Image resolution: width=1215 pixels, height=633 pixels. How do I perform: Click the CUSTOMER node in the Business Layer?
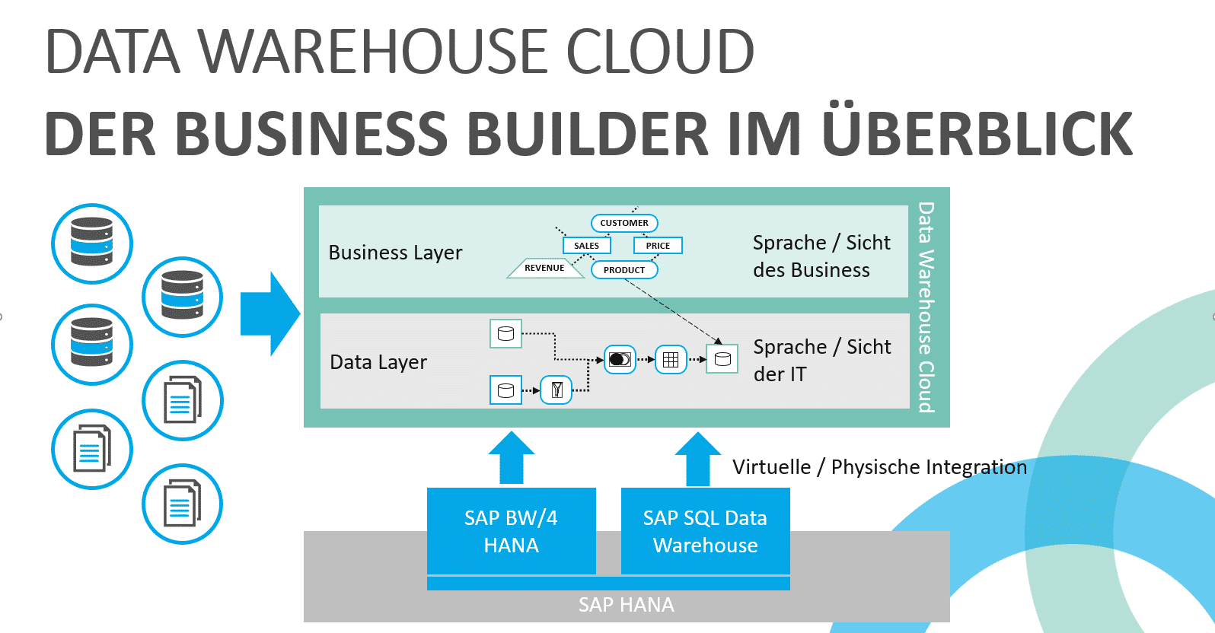tap(624, 223)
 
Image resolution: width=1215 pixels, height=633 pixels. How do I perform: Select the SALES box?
tap(586, 246)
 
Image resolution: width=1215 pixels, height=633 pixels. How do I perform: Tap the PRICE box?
tap(658, 246)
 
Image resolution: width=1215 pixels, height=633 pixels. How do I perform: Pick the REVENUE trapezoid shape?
tap(544, 268)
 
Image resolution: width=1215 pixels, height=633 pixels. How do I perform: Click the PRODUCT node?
tap(624, 270)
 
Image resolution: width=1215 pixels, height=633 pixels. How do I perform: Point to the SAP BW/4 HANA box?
tap(511, 531)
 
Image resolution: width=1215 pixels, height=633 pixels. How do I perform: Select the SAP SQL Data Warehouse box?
tap(705, 531)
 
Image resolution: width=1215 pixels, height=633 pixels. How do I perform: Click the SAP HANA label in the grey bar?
tap(626, 605)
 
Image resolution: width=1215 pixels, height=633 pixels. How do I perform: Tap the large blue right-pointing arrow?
tap(269, 313)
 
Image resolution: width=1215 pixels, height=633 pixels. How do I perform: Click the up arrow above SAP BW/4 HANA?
tap(512, 458)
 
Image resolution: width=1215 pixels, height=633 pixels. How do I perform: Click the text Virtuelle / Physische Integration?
tap(879, 466)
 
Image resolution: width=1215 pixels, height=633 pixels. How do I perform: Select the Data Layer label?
tap(378, 362)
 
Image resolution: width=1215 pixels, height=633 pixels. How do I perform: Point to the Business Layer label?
tap(395, 253)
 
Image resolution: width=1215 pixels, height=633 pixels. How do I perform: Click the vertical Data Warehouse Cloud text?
tap(926, 307)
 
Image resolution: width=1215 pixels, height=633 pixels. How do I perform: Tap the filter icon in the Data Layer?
tap(556, 390)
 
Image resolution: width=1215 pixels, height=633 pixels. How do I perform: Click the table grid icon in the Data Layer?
tap(671, 360)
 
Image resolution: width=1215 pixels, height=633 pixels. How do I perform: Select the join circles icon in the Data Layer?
tap(620, 360)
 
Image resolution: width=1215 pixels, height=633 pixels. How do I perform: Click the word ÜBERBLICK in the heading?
tap(977, 134)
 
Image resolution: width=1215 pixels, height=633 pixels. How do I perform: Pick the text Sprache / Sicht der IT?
tap(821, 361)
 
